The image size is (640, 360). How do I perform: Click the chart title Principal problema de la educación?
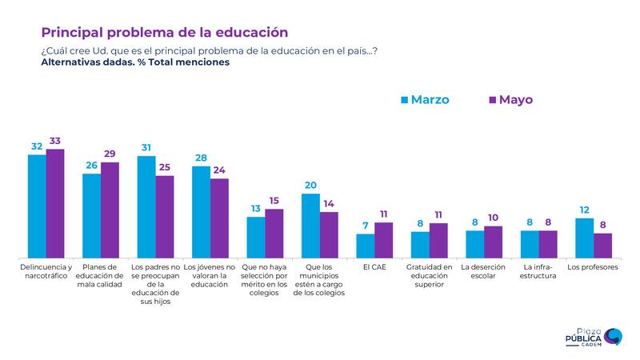coord(164,32)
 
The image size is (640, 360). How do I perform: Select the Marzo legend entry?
coord(425,100)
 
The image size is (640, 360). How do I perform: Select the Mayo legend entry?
coord(510,100)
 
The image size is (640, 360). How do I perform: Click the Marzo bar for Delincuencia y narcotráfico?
coord(37,205)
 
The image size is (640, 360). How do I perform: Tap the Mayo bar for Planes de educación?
coord(110,209)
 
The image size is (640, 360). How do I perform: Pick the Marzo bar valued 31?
coord(146,206)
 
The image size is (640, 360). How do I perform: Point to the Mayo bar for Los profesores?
coord(602,244)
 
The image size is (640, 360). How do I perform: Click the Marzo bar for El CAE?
coord(365,245)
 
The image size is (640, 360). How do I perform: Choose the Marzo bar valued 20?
coord(310,225)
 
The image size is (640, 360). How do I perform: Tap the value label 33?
coord(55,142)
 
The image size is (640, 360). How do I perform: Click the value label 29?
coord(110,154)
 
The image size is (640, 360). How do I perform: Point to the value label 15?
coord(274,201)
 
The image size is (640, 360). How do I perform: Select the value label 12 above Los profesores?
coord(584,210)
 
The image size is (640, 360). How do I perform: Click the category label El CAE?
coord(374,267)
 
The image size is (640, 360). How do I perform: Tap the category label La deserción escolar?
coord(483,272)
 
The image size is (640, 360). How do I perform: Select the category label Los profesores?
coord(592,267)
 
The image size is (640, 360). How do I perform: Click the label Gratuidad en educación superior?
coord(428,276)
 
